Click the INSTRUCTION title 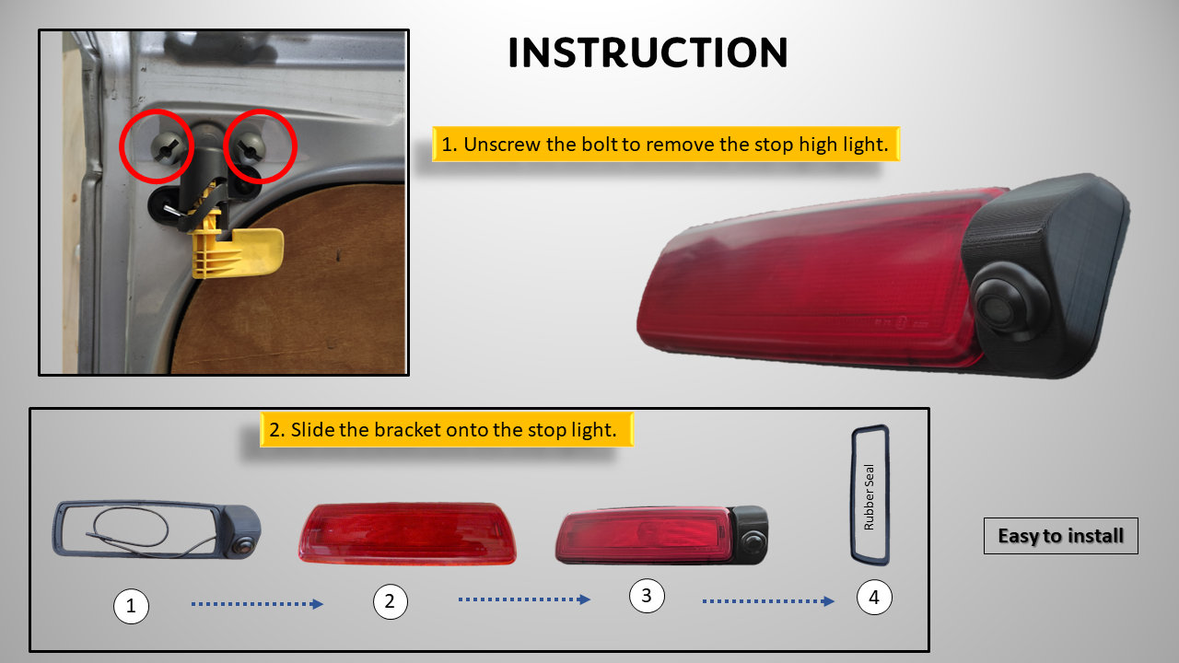[x=648, y=52]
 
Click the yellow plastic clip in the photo [x=237, y=251]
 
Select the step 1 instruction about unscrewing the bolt [x=666, y=145]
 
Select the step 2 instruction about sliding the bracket [x=447, y=430]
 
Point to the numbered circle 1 [x=131, y=606]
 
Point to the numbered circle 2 [x=390, y=601]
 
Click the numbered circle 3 [x=647, y=596]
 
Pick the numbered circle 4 [x=874, y=598]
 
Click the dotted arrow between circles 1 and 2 [x=257, y=604]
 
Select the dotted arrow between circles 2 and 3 [x=524, y=599]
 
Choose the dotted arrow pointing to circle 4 [x=768, y=601]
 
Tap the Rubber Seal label [x=869, y=496]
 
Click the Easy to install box [x=1060, y=536]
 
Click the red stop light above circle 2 [x=407, y=533]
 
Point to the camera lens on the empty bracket [x=243, y=546]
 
